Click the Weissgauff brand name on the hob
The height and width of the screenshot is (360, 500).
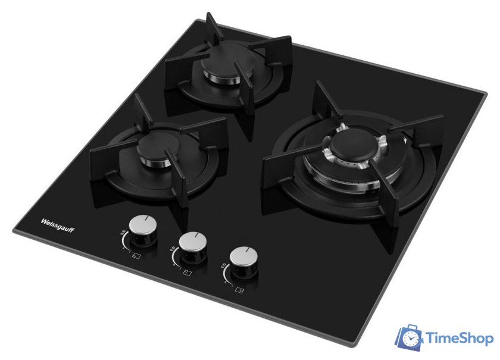tap(57, 226)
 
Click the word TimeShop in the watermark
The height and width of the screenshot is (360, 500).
tap(460, 338)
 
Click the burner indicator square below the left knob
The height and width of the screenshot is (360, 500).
tap(136, 256)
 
